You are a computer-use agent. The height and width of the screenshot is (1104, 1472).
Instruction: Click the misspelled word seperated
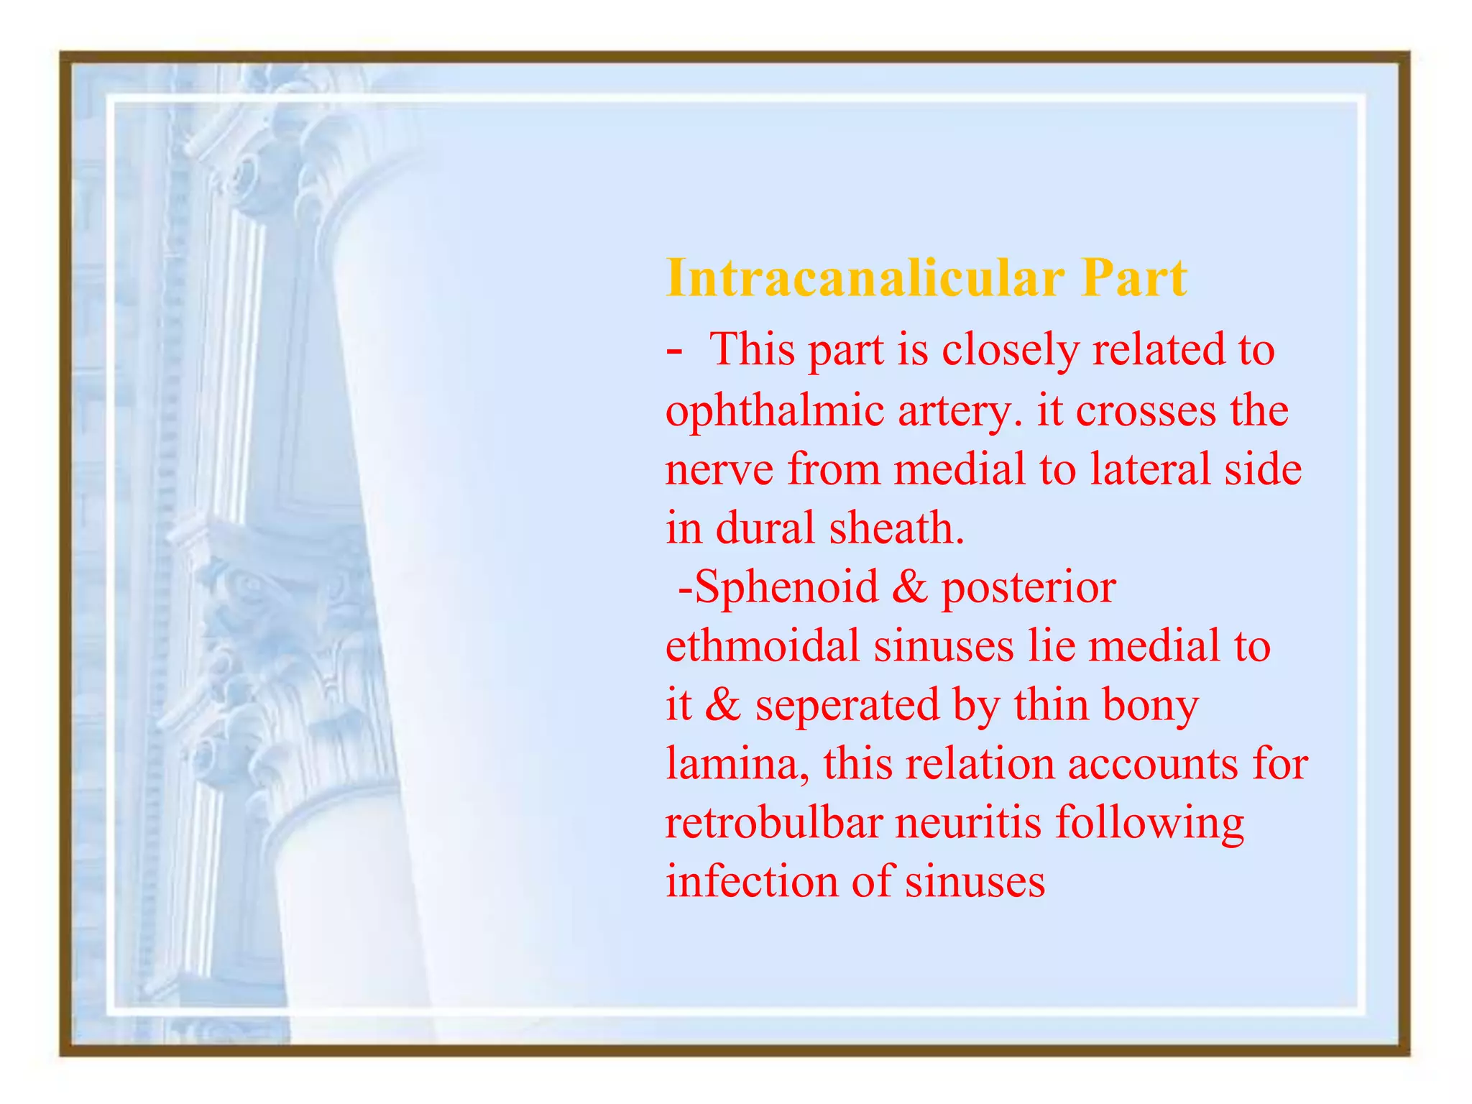(847, 706)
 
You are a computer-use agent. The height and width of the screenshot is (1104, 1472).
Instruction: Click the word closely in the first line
(1010, 351)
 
